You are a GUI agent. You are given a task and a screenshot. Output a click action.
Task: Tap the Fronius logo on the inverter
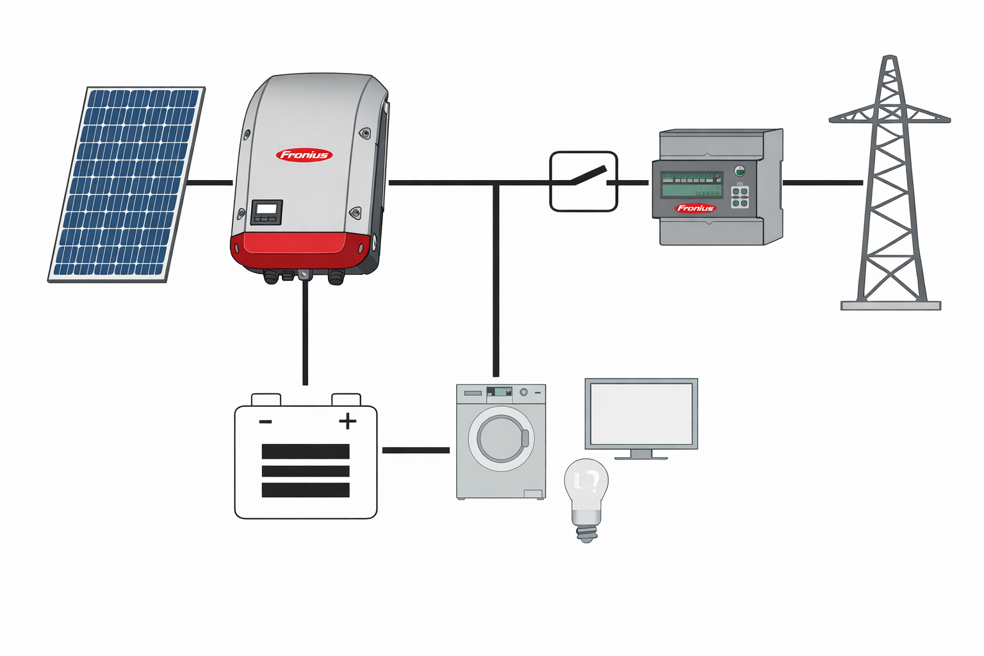(x=304, y=154)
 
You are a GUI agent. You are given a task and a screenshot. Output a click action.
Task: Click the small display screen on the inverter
(x=266, y=209)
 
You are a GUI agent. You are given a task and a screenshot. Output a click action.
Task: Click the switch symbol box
(x=583, y=181)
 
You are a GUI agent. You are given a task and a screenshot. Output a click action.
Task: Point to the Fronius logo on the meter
(x=695, y=208)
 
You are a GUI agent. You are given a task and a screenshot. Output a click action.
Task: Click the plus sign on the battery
(x=347, y=421)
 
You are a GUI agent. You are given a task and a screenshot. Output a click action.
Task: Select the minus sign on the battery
(x=265, y=422)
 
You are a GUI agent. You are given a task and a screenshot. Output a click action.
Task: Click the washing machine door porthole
(x=501, y=439)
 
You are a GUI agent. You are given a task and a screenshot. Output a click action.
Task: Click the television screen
(x=641, y=413)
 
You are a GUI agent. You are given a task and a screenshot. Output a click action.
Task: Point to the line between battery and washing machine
(x=416, y=450)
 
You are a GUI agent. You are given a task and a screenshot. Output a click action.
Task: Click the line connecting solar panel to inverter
(x=209, y=183)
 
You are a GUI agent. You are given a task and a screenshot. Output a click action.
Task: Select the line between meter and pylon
(x=823, y=183)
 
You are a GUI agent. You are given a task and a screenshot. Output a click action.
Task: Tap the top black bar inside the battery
(x=306, y=451)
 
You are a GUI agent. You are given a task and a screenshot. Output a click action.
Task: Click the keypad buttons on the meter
(x=740, y=197)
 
